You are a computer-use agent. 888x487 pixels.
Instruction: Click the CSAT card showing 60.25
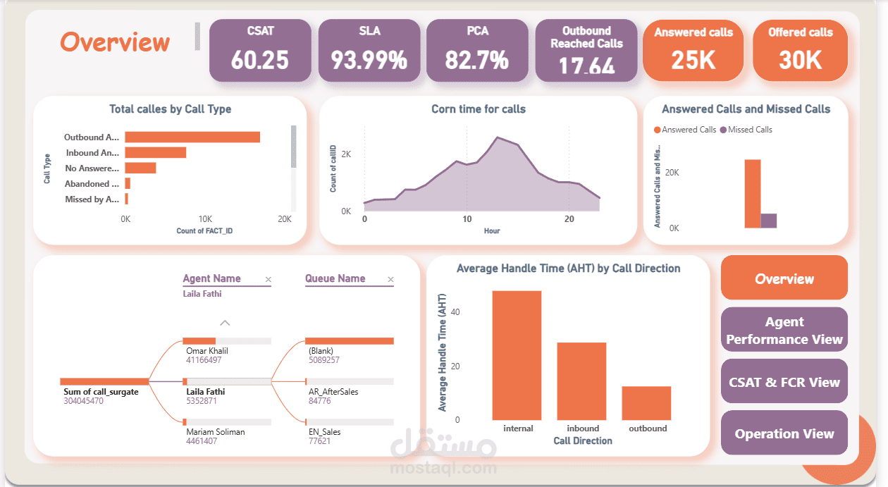point(260,50)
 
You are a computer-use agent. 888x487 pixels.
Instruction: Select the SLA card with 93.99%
point(369,50)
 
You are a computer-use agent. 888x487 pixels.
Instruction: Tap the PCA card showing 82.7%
point(477,50)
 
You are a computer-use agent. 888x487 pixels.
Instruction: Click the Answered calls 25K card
point(693,50)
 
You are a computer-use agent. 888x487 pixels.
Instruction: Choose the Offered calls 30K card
point(800,50)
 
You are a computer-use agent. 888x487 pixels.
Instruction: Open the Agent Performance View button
point(784,331)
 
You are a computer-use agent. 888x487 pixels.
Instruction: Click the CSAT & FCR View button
point(784,382)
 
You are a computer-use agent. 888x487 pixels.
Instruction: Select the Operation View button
point(784,433)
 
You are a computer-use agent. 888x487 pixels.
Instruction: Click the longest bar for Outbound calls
point(192,137)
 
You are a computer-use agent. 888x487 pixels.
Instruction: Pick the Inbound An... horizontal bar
point(156,153)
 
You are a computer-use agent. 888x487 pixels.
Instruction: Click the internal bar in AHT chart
point(517,355)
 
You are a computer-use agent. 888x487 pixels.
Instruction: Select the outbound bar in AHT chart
point(646,403)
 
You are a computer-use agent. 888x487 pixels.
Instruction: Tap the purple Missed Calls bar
point(769,221)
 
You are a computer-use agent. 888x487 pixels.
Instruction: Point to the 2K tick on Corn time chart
point(347,154)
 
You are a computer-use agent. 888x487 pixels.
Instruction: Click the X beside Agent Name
point(268,280)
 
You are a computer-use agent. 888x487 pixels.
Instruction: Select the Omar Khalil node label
point(206,351)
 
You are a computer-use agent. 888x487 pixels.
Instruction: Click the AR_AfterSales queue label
point(333,391)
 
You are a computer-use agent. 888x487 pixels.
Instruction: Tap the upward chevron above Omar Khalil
point(225,323)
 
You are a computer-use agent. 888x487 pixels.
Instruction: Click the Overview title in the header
point(115,42)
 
